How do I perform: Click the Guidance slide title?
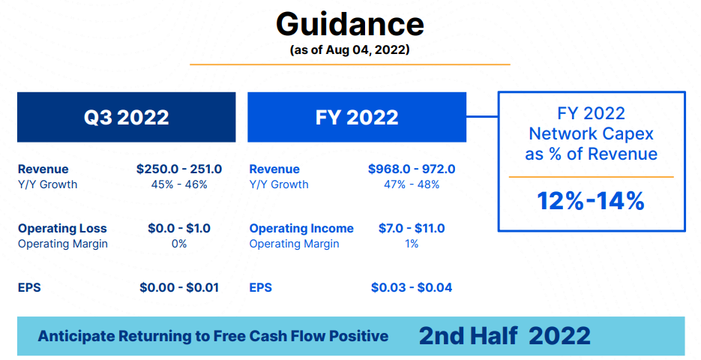(x=350, y=24)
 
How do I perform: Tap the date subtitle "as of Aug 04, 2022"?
(x=349, y=49)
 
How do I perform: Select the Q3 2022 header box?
(x=127, y=117)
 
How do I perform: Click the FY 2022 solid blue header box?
(x=357, y=117)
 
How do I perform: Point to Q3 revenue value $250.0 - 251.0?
(x=179, y=169)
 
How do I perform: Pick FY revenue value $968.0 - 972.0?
(x=412, y=169)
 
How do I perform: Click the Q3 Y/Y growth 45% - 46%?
(x=179, y=184)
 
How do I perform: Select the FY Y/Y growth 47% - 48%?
(x=412, y=184)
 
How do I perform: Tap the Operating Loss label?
(x=62, y=228)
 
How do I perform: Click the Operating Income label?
(x=301, y=228)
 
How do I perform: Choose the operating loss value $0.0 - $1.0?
(x=179, y=228)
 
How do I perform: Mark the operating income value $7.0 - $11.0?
(x=412, y=228)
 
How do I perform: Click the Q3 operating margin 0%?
(x=179, y=244)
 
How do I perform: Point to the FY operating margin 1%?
(x=412, y=244)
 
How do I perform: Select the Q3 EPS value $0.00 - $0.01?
(x=179, y=287)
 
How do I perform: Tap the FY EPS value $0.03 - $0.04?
(x=412, y=287)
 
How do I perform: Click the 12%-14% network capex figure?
(x=591, y=201)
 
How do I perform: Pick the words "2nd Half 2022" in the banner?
(x=505, y=336)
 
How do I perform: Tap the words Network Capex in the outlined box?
(x=591, y=133)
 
